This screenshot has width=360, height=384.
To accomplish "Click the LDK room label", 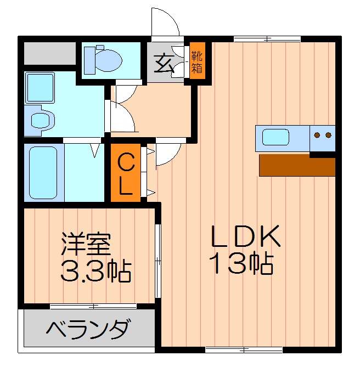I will (246, 236).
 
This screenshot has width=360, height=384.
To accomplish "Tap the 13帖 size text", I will (241, 264).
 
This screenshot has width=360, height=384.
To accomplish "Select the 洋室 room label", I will (86, 243).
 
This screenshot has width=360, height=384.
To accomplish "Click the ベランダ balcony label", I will (88, 330).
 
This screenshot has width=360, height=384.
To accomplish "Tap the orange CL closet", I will (126, 173).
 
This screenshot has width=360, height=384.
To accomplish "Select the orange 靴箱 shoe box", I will (196, 62).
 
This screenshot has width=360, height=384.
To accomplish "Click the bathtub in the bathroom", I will (43, 172).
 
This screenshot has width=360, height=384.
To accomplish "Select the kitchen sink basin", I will (275, 137).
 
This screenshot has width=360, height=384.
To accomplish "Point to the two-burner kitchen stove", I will (322, 135).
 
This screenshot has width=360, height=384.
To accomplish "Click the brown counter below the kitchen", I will (296, 165).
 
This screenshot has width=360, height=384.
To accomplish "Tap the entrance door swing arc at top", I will (166, 22).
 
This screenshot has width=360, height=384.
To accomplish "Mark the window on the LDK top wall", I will (267, 38).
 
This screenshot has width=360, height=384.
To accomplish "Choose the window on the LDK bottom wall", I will (244, 349).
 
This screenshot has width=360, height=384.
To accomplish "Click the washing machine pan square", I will (40, 87).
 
